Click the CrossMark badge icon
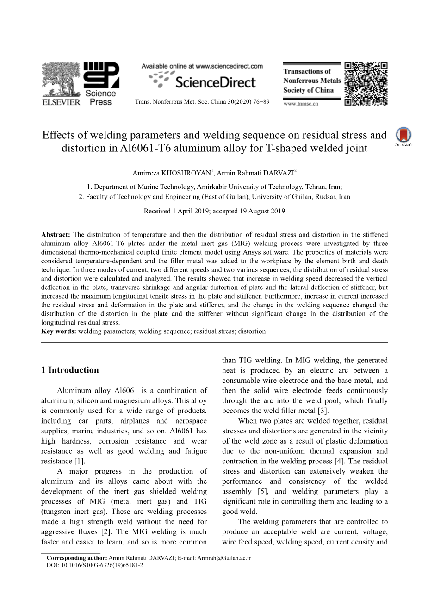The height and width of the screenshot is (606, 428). [403, 137]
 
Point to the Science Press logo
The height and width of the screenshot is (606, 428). [101, 83]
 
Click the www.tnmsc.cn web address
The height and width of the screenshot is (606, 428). [300, 104]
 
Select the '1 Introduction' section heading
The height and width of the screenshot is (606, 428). [70, 370]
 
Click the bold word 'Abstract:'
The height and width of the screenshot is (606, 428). [56, 235]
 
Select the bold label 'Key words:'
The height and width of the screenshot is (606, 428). [59, 331]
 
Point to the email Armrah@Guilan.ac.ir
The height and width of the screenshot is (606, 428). [223, 558]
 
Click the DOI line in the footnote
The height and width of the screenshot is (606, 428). [95, 565]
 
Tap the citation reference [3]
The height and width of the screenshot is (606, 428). [323, 411]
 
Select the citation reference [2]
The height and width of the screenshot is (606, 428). [106, 532]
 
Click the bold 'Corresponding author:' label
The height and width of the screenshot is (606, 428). [77, 558]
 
